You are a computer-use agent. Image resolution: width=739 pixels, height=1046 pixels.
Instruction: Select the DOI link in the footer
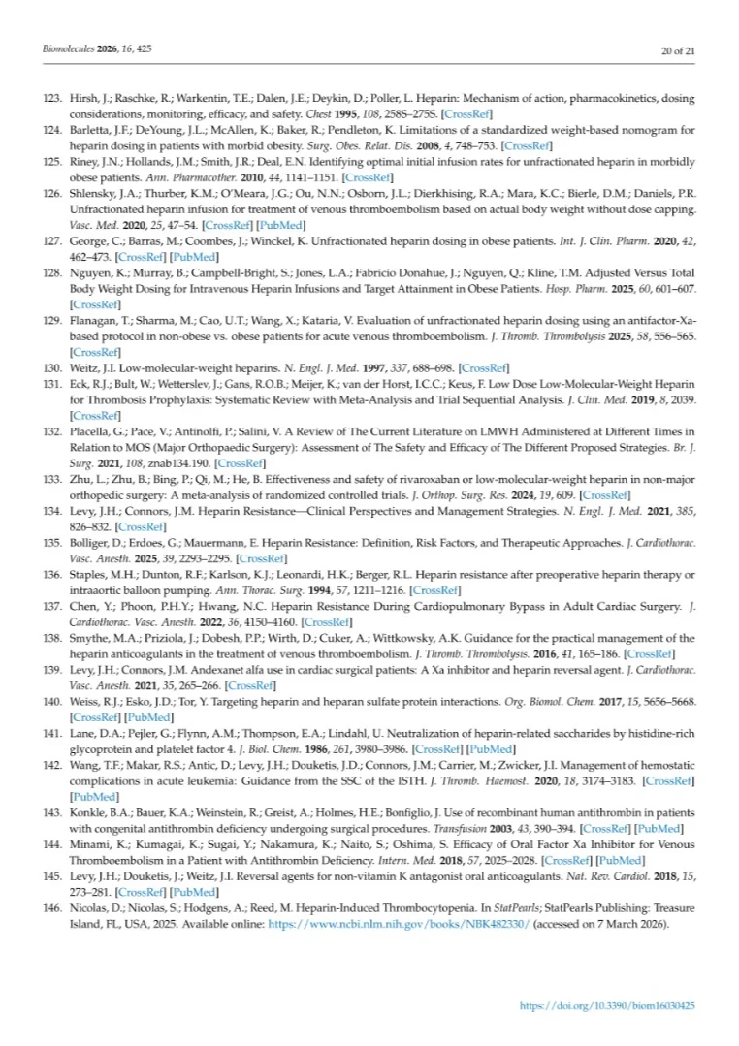(x=608, y=1006)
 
